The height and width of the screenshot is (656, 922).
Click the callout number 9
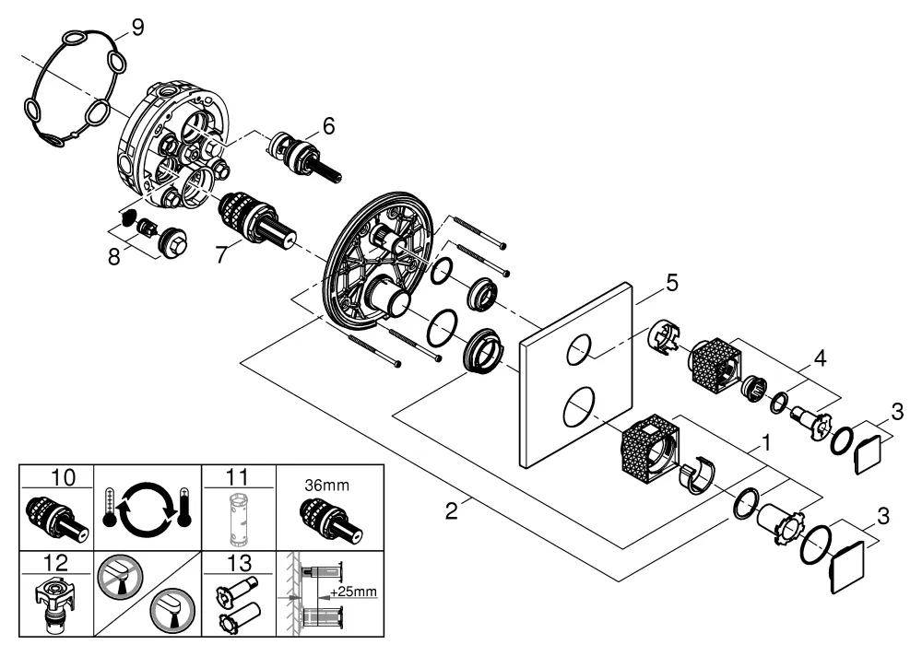coord(137,28)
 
